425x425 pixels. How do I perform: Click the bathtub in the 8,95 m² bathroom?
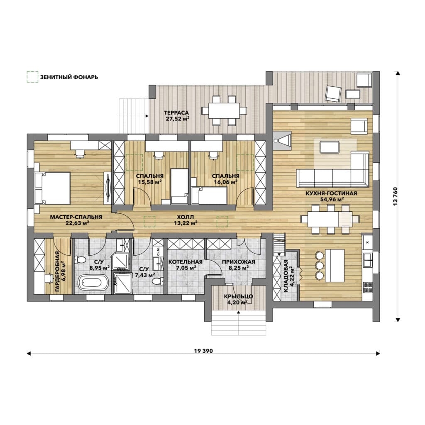coord(93,283)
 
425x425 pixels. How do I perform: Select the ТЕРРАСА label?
coord(176,113)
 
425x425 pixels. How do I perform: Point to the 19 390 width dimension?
coord(203,351)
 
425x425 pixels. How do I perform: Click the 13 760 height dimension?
coord(396,196)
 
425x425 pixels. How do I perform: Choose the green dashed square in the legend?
coord(32,77)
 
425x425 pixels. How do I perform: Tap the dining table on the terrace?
coord(224,110)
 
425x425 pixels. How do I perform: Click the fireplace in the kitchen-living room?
coord(282,141)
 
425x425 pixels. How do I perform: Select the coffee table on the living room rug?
coord(329,147)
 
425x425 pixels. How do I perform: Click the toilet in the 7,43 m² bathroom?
coord(158,281)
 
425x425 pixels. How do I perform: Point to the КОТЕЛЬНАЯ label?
coord(186,262)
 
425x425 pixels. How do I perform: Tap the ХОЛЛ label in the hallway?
coord(186,217)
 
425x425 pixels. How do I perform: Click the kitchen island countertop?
coord(335,265)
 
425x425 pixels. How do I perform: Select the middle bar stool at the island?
coord(320,265)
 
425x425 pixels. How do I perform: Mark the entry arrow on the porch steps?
coord(239,312)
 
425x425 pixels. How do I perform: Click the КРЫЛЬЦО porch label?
coord(239,296)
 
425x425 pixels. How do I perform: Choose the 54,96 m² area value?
coord(331,199)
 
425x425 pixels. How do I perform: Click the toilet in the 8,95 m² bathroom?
coord(80,260)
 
